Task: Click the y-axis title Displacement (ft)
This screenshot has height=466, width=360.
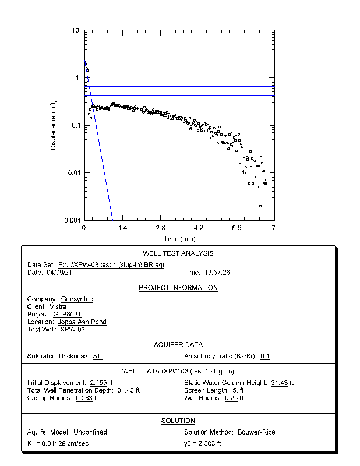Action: click(53, 125)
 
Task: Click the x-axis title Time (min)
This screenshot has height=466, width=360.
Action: click(179, 239)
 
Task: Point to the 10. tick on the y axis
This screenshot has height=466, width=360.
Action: click(76, 30)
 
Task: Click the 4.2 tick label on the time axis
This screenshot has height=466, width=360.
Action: click(199, 228)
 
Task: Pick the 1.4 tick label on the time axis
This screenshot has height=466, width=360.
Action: click(123, 228)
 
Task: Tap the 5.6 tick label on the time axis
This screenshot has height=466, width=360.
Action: click(237, 228)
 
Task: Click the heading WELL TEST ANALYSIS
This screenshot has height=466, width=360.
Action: click(178, 253)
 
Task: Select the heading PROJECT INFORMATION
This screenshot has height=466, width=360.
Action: click(178, 288)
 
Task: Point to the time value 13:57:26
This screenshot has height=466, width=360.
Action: click(217, 272)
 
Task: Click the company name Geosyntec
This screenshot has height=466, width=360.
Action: click(77, 299)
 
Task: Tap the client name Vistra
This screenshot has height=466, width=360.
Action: click(58, 306)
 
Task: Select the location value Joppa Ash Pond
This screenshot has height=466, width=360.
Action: click(82, 322)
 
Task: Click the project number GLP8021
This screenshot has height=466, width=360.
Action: click(67, 314)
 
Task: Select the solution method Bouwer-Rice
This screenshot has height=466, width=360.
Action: click(256, 432)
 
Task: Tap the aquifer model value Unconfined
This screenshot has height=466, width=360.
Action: click(90, 432)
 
